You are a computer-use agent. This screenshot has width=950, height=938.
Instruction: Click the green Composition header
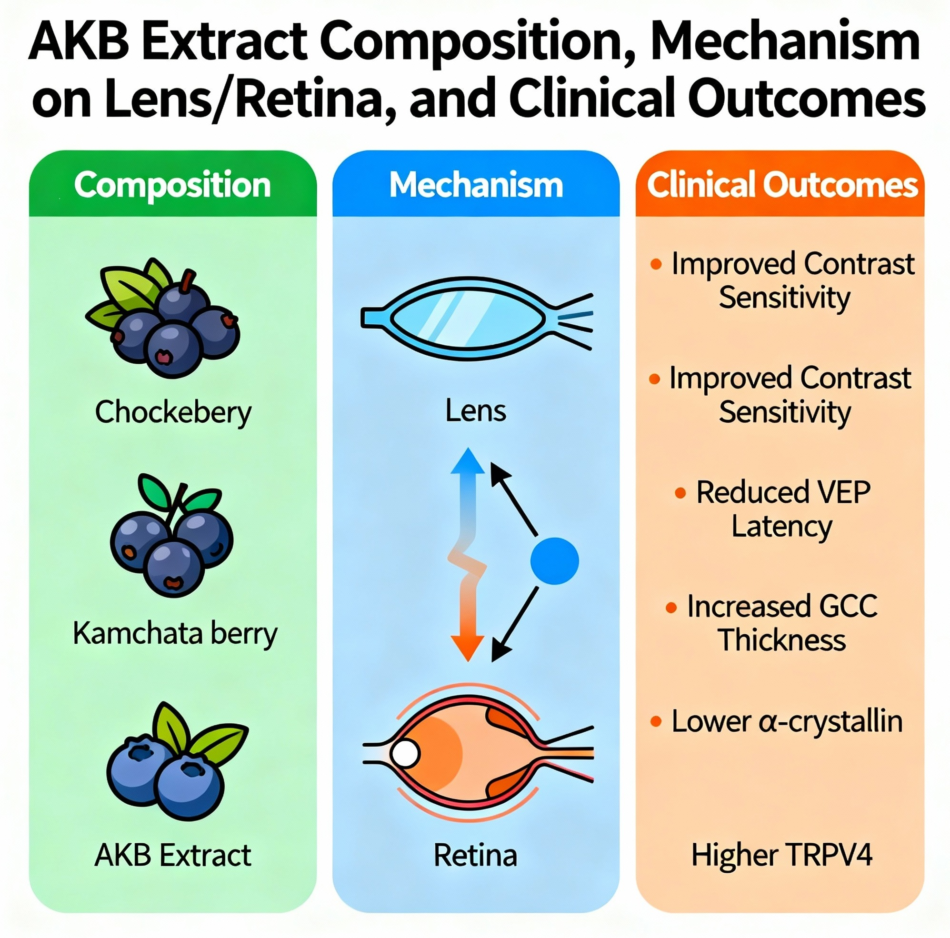(172, 185)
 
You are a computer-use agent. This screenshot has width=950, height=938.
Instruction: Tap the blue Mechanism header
(476, 185)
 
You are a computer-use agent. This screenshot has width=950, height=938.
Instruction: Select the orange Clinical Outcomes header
(781, 185)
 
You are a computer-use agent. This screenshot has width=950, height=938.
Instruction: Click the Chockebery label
(173, 412)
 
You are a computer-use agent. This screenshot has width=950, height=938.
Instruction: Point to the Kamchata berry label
(175, 633)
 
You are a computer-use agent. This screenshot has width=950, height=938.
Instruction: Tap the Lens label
(476, 410)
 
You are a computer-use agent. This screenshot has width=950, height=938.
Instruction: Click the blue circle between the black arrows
(554, 561)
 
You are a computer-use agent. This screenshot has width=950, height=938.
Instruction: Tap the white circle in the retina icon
(405, 754)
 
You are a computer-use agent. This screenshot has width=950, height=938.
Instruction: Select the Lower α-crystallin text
(787, 721)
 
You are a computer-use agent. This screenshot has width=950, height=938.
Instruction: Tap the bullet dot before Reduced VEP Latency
(680, 493)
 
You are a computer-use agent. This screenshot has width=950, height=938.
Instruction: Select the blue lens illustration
(470, 319)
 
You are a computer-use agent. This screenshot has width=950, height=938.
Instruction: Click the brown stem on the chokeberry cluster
(187, 281)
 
